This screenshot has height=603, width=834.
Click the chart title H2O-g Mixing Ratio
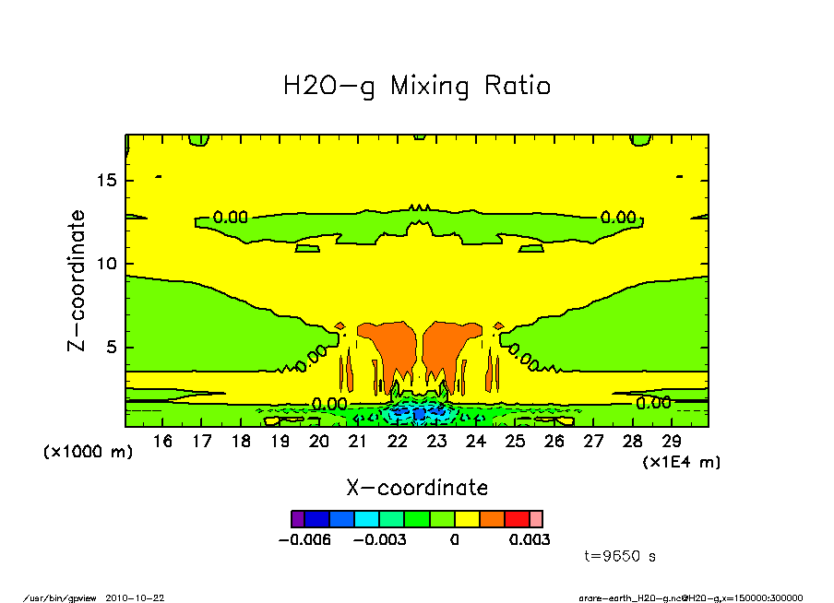click(x=417, y=87)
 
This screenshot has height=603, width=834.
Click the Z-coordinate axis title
click(x=77, y=280)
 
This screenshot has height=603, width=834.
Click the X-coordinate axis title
click(x=417, y=488)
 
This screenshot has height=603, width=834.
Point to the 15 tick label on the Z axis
click(x=107, y=180)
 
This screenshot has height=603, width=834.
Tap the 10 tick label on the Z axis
click(x=107, y=264)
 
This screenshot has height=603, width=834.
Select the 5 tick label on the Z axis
click(x=112, y=348)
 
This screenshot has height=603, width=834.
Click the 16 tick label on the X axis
click(x=162, y=442)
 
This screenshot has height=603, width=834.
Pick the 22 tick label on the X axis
click(x=398, y=442)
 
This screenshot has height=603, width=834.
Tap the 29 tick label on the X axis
click(x=672, y=442)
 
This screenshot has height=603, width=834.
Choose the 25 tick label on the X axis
click(x=515, y=442)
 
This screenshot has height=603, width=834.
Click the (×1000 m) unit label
click(x=89, y=453)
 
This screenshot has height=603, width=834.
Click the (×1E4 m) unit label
click(x=682, y=461)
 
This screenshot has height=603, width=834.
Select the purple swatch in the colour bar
click(x=297, y=519)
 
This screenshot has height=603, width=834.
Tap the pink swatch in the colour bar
click(x=536, y=519)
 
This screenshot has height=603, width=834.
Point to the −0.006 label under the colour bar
click(x=304, y=539)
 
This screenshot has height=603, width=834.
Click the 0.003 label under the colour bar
click(x=530, y=539)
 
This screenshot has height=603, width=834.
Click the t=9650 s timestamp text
click(x=620, y=557)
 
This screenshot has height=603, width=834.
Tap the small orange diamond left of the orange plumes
click(x=340, y=326)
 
